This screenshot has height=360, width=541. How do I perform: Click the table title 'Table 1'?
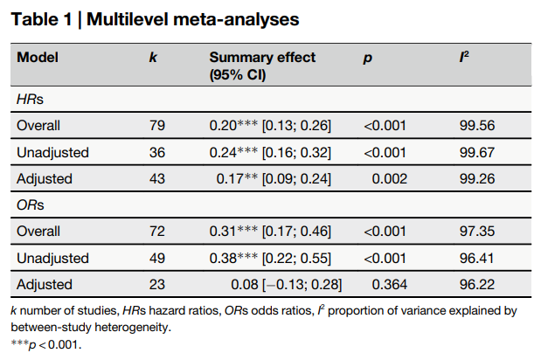[41, 19]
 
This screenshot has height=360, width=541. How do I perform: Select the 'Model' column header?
[38, 58]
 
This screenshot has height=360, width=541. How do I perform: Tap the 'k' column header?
[153, 58]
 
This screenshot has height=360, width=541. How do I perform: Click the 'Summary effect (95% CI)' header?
[262, 66]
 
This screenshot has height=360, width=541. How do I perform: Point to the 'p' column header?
[367, 59]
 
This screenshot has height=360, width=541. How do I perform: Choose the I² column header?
[464, 57]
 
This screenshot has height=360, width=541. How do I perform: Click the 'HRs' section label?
[30, 100]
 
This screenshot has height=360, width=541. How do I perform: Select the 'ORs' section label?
[31, 205]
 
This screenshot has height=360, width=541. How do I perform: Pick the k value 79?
[157, 126]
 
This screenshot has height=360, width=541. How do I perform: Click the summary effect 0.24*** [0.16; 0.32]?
[270, 152]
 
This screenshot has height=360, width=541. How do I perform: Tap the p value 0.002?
[389, 179]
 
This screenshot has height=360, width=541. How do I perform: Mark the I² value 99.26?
[477, 179]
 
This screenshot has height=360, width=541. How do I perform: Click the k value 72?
[157, 232]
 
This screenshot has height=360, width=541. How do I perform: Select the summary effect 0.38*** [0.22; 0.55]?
[270, 259]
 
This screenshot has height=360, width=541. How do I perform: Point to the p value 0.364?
[389, 285]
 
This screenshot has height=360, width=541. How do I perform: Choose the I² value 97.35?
[477, 232]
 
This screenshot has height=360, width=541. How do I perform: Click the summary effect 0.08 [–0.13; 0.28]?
[287, 285]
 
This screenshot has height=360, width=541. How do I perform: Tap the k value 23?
[157, 285]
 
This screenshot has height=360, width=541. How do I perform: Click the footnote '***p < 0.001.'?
[46, 344]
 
